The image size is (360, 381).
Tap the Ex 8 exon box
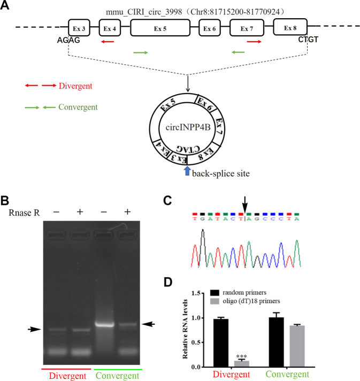point(289,27)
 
